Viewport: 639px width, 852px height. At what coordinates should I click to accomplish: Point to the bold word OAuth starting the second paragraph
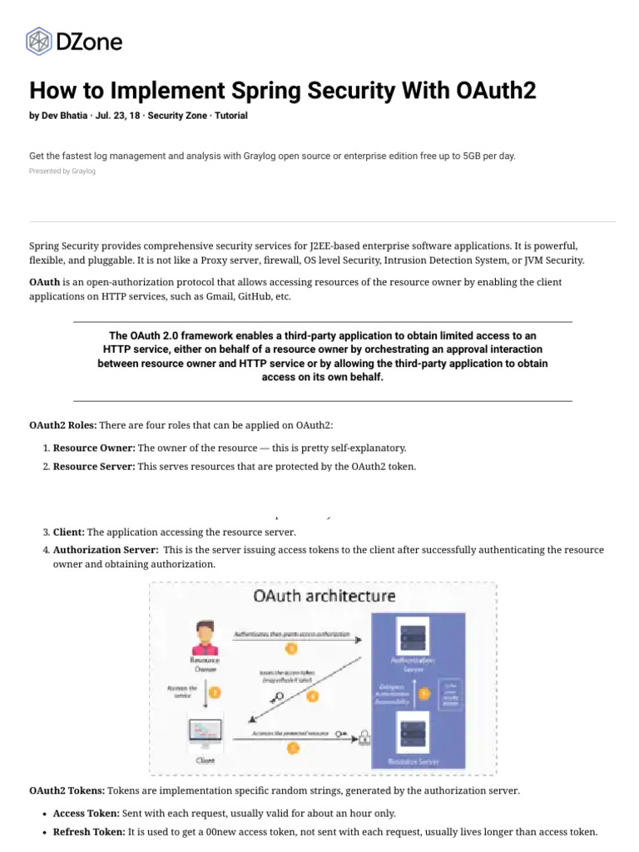(x=44, y=282)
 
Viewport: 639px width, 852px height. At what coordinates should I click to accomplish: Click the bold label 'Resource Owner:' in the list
(x=94, y=448)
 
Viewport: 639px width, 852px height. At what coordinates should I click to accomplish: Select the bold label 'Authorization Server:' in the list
(x=106, y=550)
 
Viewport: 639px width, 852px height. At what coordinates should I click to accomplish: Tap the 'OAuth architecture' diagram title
(x=324, y=596)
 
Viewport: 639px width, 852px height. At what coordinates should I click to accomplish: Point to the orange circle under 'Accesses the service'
(x=215, y=691)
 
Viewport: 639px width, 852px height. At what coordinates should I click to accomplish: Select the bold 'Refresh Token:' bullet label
(x=89, y=831)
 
